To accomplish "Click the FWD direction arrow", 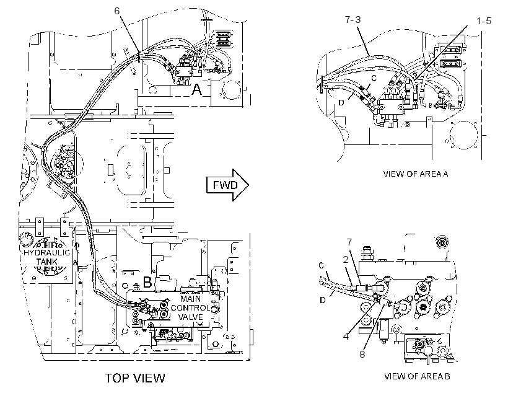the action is pos(227,185).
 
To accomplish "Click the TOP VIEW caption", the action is pos(135,378).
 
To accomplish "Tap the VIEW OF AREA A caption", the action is pos(415,174).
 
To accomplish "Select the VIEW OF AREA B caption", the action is pos(417,376).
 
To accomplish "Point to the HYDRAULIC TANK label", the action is pos(46,257).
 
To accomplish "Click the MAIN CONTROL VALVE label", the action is pos(191,307).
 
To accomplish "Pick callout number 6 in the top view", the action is pos(117,11).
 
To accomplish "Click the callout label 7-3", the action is pos(353,20).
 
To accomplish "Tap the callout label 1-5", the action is pos(484,21).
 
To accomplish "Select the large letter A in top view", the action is pos(196,89).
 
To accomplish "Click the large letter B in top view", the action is pos(147,282).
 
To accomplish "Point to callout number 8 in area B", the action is pos(362,354).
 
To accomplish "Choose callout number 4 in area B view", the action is pos(346,336).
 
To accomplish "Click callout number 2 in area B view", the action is pos(346,259).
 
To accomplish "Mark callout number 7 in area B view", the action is pos(349,242).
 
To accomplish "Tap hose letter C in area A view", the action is pos(374,78).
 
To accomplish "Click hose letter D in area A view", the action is pos(341,102).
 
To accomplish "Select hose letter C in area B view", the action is pos(321,265).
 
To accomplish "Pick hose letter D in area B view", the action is pos(322,300).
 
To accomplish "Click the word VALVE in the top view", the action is pos(191,317).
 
